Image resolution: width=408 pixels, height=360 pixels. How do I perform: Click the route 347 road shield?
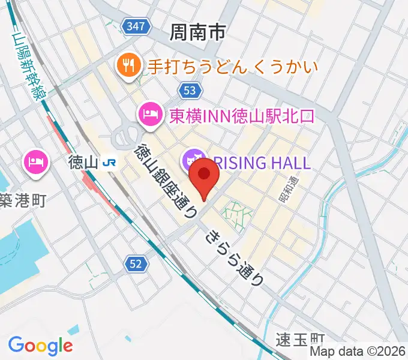(135, 25)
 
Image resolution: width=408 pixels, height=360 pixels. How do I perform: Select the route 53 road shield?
(188, 90)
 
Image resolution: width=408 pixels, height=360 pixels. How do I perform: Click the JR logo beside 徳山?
(109, 162)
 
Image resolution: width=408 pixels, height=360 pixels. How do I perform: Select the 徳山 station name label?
(82, 162)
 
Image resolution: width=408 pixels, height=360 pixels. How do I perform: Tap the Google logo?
(40, 345)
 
